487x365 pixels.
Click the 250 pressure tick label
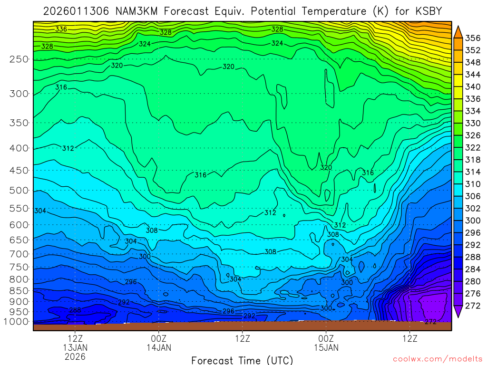pyautogui.click(x=19, y=59)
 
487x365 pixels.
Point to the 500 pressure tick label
pyautogui.click(x=19, y=191)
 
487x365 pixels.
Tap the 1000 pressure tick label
pyautogui.click(x=16, y=322)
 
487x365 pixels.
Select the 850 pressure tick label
pyautogui.click(x=19, y=290)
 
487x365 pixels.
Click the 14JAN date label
pyautogui.click(x=158, y=347)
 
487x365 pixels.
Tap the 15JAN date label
pyautogui.click(x=326, y=347)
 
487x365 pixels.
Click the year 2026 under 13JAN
pyautogui.click(x=75, y=356)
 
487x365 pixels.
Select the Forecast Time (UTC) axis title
pyautogui.click(x=242, y=360)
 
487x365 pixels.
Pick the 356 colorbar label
pyautogui.click(x=472, y=38)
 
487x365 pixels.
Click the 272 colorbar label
pyautogui.click(x=472, y=306)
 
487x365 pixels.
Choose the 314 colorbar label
pyautogui.click(x=472, y=172)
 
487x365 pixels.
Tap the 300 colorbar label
pyautogui.click(x=472, y=221)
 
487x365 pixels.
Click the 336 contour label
pyautogui.click(x=61, y=29)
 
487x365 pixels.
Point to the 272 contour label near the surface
pyautogui.click(x=430, y=322)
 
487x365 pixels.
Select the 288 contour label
pyautogui.click(x=75, y=310)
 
